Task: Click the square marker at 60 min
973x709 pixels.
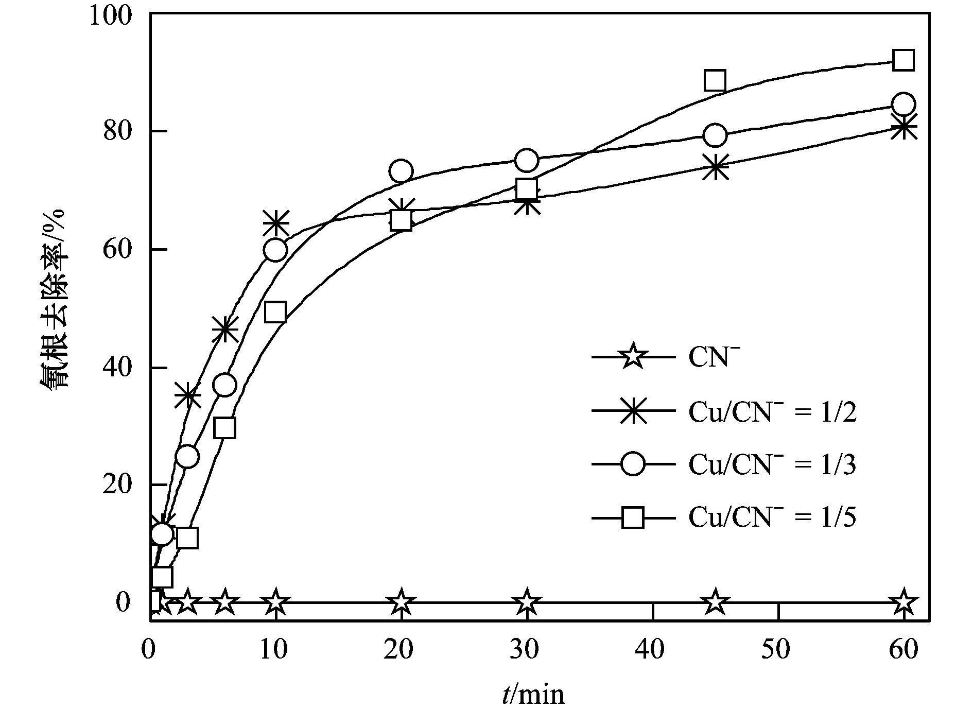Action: point(903,61)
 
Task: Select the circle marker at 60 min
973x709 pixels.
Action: point(903,105)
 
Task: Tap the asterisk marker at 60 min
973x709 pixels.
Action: point(903,128)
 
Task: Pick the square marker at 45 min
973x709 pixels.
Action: point(715,81)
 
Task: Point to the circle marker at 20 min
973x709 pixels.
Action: point(401,171)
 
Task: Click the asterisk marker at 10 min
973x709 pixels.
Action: point(276,223)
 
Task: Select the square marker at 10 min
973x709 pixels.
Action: point(276,312)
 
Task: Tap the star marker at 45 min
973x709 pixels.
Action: point(715,602)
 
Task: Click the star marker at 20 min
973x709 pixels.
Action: point(401,602)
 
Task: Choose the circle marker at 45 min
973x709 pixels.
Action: point(715,135)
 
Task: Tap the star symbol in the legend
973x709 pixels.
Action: point(632,357)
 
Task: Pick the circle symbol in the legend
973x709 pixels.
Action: point(632,464)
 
